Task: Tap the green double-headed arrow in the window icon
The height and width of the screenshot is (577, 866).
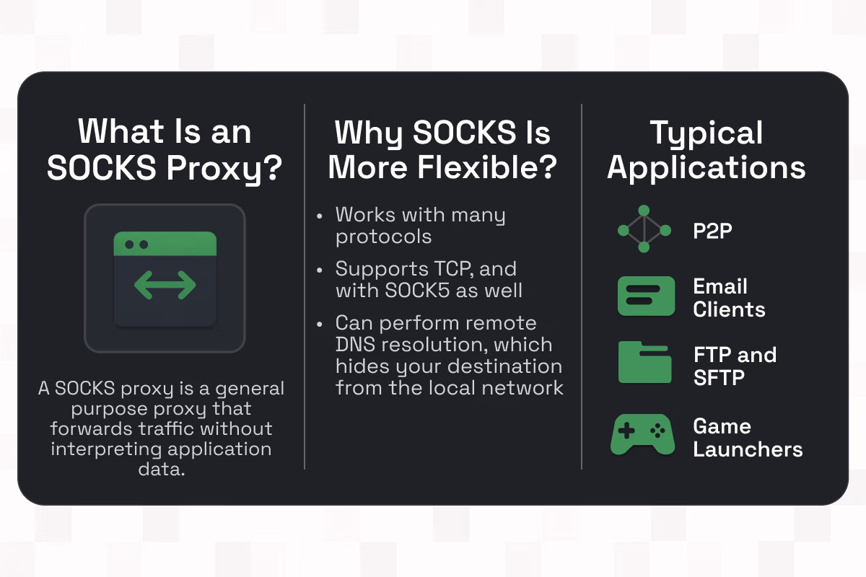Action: point(165,286)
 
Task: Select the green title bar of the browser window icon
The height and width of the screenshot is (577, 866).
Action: point(165,244)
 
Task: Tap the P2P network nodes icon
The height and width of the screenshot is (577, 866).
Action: point(644,229)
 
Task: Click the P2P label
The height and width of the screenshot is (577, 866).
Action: point(713,230)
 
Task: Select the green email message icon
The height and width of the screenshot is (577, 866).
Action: point(646,296)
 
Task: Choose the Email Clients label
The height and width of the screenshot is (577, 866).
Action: point(728,298)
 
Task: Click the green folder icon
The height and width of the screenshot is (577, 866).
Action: point(645,363)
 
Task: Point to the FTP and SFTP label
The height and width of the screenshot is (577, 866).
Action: point(734,366)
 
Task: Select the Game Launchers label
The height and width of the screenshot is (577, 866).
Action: point(747,438)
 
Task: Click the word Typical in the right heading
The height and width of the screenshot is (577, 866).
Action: point(706,133)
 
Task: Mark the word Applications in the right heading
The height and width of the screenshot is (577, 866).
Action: point(706,167)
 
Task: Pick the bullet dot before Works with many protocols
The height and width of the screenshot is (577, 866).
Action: point(320,216)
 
